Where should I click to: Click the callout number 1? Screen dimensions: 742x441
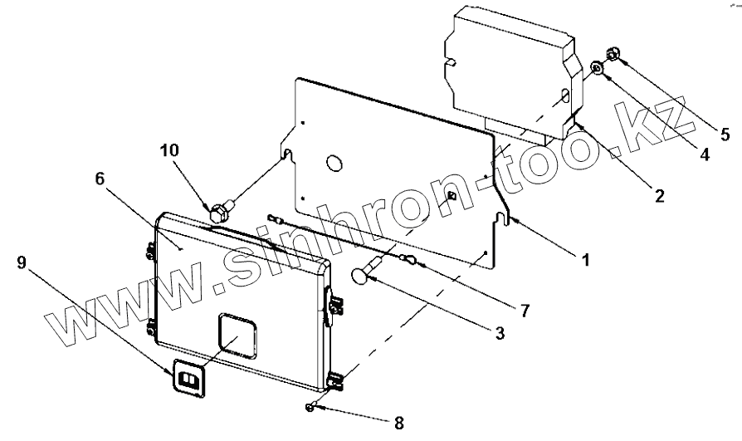click(x=585, y=260)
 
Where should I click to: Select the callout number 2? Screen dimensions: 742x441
click(x=658, y=196)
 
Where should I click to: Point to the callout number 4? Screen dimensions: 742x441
click(x=704, y=154)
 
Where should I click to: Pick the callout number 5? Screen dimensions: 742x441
click(x=725, y=133)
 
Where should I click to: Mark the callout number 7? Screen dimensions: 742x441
click(x=525, y=311)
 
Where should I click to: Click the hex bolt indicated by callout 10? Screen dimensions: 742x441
click(x=222, y=208)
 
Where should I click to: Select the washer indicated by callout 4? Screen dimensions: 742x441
click(x=597, y=67)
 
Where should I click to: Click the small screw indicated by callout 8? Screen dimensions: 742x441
click(x=310, y=406)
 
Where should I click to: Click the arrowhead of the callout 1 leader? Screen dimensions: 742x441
click(x=515, y=220)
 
